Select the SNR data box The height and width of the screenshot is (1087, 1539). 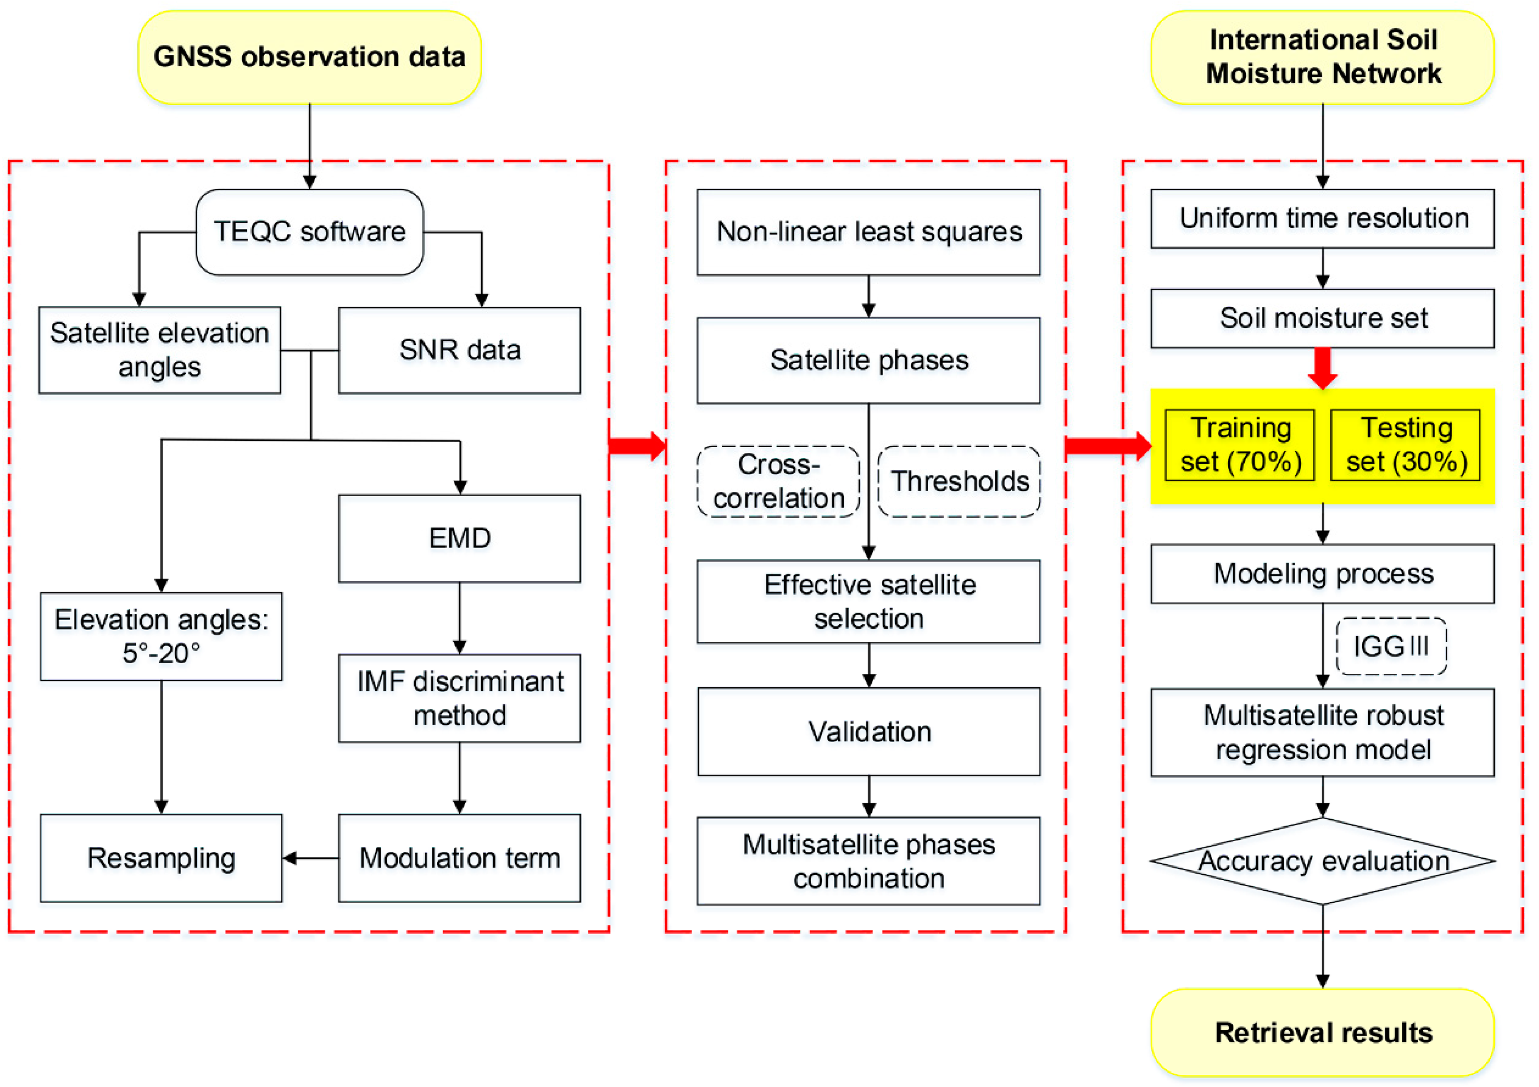point(459,350)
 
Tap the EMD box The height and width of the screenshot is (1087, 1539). point(459,538)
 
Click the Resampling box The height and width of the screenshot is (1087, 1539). point(161,858)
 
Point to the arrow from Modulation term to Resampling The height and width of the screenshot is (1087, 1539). point(310,858)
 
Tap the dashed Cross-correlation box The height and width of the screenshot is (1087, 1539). point(778,481)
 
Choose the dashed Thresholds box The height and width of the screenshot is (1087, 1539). point(959,481)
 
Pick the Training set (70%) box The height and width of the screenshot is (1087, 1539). point(1239,445)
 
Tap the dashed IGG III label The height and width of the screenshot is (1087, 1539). point(1391,646)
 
